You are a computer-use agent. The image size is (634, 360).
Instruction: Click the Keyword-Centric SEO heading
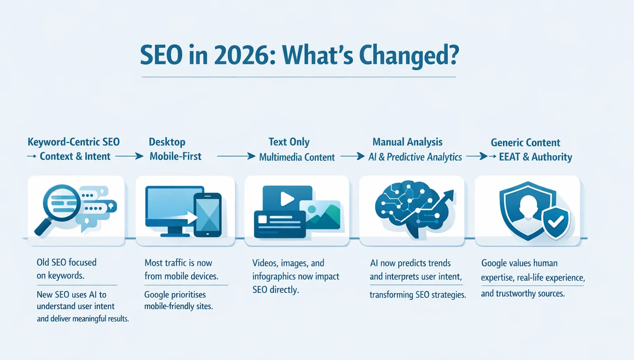[73, 142]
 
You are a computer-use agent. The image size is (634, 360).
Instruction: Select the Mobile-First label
[175, 157]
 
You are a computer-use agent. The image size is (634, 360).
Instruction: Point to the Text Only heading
[289, 142]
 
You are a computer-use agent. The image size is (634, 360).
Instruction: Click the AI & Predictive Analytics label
[415, 157]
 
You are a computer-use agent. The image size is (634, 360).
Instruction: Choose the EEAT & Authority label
[535, 157]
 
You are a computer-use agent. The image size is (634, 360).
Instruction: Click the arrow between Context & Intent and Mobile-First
[129, 157]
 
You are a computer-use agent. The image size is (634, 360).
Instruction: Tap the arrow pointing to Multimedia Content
[236, 157]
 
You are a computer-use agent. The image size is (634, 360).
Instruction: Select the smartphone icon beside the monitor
[208, 215]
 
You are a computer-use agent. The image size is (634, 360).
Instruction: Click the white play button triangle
[287, 199]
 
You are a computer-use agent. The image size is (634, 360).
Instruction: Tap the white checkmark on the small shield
[556, 223]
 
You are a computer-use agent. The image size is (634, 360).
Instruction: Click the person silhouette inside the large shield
[528, 210]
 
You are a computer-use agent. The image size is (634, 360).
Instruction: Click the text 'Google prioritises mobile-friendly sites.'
[178, 300]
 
